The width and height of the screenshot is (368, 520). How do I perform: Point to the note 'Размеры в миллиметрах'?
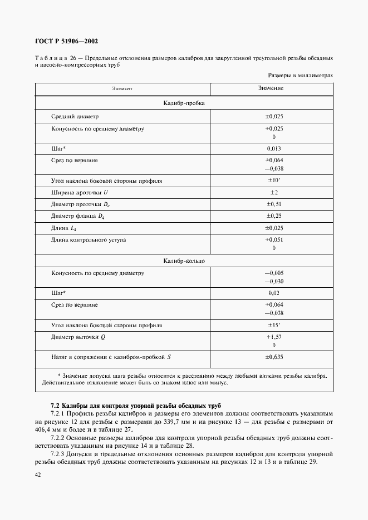click(300, 75)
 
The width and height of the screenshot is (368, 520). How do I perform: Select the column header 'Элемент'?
click(122, 89)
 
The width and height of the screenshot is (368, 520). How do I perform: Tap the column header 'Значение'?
click(271, 89)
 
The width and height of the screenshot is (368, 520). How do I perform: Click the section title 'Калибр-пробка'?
click(184, 103)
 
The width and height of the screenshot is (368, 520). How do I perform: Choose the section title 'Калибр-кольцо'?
click(184, 260)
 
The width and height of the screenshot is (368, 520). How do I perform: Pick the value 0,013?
click(274, 149)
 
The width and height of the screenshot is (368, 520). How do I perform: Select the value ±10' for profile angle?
click(273, 181)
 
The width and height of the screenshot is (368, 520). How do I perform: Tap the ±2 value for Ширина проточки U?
click(273, 192)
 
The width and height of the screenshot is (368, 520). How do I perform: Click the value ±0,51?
click(273, 204)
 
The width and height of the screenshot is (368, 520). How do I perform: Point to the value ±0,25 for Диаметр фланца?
click(273, 216)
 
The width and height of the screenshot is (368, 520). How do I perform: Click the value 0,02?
click(274, 292)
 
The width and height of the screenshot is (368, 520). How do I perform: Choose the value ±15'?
click(273, 325)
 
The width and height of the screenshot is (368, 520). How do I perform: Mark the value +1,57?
click(274, 337)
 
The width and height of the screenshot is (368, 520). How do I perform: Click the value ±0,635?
click(273, 357)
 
